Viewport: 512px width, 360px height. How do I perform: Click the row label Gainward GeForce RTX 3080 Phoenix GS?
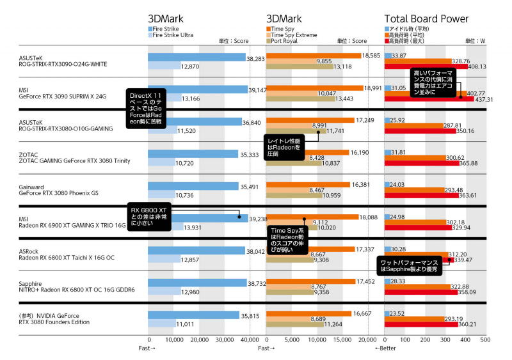click(x=58, y=189)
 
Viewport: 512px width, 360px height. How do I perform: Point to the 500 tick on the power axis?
click(x=484, y=340)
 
